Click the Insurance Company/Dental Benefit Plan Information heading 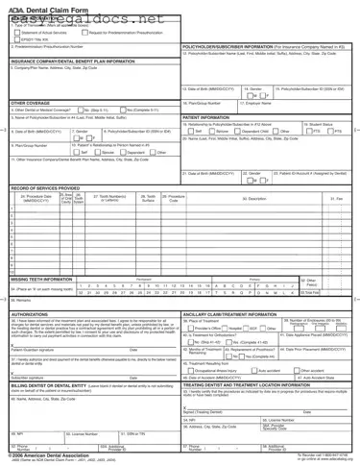(67, 61)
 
